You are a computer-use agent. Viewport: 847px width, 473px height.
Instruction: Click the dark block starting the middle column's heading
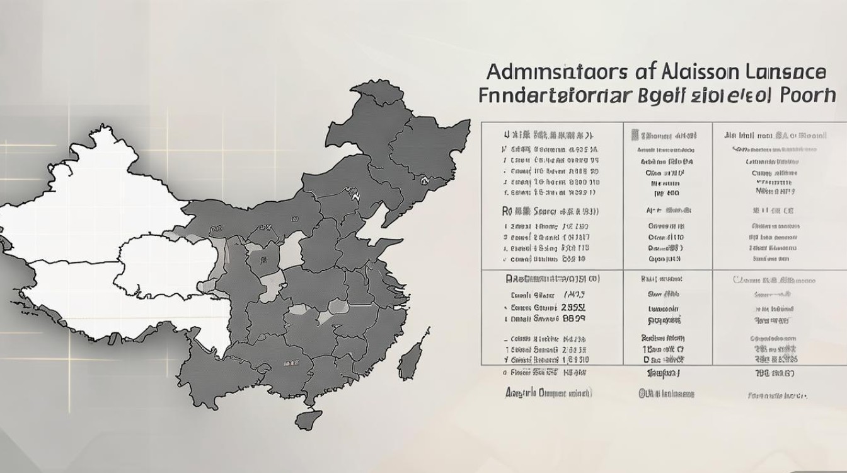635,135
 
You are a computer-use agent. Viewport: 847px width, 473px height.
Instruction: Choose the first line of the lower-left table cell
552,278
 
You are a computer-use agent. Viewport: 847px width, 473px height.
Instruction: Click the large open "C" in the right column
737,279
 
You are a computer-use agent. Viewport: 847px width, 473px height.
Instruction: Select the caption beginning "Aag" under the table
548,392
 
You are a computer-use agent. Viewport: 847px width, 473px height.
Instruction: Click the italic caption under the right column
777,396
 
